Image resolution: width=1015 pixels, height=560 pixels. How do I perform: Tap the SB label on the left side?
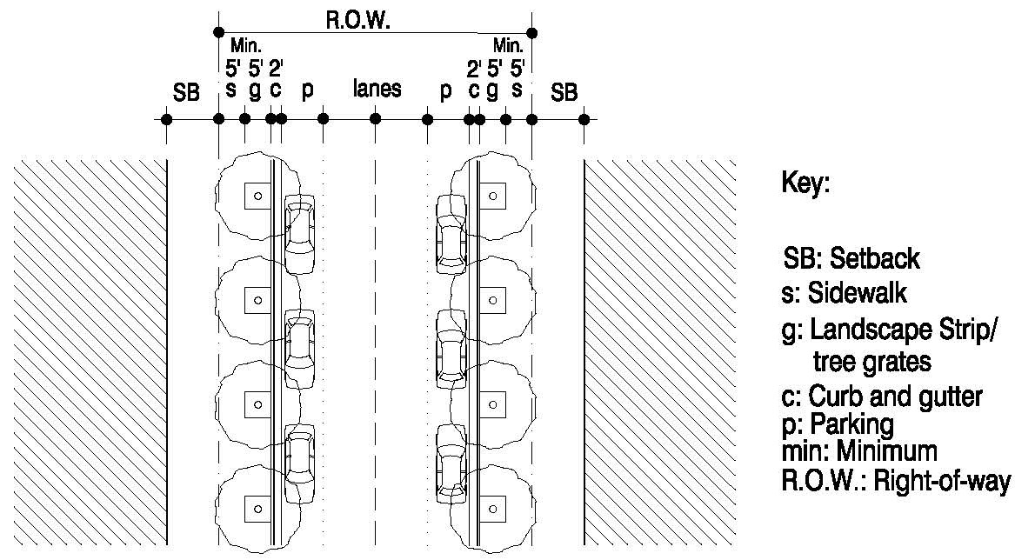187,91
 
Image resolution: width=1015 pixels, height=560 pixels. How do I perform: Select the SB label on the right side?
564,91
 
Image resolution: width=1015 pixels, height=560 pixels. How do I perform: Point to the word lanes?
377,90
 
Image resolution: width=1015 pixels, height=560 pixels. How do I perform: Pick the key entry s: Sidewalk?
834,293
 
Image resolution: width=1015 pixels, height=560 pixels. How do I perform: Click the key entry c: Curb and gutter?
878,397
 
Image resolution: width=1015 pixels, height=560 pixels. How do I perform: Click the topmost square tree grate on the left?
256,196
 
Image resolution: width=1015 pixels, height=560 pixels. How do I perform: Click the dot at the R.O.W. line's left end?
217,33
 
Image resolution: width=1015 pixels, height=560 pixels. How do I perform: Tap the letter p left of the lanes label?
306,92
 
